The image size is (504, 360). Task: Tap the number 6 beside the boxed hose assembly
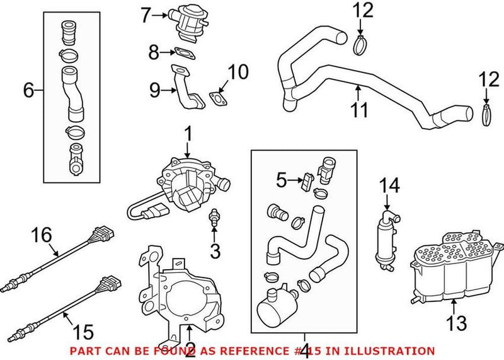[x=29, y=90]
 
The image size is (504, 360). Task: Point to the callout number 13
[x=457, y=324]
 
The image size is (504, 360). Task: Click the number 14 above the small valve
[x=389, y=185]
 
